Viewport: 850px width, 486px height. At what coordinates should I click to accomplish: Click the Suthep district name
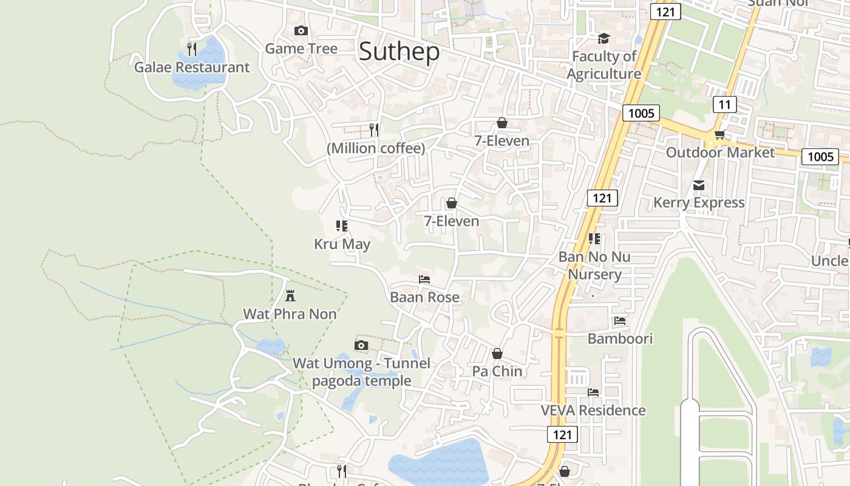(399, 52)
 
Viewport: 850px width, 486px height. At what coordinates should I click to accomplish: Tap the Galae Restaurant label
(192, 67)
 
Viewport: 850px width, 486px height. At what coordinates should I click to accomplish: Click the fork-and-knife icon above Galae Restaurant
(192, 49)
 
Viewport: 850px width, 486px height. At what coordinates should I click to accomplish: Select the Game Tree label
(301, 49)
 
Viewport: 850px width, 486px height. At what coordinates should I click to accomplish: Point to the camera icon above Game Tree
(301, 30)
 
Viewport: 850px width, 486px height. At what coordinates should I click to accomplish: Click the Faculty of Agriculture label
(603, 65)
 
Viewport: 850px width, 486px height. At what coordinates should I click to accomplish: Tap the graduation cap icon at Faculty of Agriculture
(603, 39)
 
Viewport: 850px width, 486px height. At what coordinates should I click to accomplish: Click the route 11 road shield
(724, 104)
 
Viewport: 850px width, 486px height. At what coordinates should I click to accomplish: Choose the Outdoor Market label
(721, 152)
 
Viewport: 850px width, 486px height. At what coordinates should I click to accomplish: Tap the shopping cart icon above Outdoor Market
(719, 134)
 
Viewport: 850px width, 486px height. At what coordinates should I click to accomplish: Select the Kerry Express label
(699, 202)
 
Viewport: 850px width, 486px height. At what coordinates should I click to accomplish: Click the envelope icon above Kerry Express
(699, 185)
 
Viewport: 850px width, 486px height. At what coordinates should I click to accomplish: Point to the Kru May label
(342, 244)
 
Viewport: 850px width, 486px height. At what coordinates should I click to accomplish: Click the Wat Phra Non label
(290, 314)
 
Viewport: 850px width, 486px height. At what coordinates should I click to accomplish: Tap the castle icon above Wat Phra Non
(290, 296)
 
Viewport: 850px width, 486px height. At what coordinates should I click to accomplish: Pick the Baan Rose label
(424, 297)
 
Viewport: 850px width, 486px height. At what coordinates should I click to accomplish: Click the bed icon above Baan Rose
(424, 279)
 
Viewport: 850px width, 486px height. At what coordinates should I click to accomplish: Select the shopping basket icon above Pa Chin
(497, 354)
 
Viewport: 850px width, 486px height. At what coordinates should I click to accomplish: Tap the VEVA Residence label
(593, 410)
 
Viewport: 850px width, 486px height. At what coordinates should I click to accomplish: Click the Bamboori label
(620, 338)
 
